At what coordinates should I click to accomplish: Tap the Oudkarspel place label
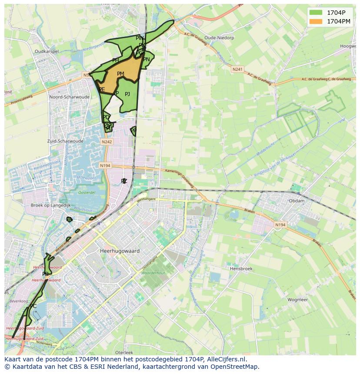(x=47, y=51)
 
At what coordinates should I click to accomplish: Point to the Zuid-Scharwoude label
(x=65, y=141)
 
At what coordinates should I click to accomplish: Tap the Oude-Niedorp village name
(x=219, y=38)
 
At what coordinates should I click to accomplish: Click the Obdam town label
(x=297, y=201)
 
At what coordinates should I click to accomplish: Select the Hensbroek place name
(x=241, y=269)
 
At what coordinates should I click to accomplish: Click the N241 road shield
(x=237, y=69)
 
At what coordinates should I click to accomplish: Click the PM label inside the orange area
(x=120, y=74)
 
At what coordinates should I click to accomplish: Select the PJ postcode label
(x=127, y=94)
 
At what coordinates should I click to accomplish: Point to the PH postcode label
(x=115, y=60)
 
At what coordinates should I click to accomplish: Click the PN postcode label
(x=147, y=60)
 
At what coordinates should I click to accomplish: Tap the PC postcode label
(x=33, y=306)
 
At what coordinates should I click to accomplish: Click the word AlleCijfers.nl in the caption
(x=226, y=359)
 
